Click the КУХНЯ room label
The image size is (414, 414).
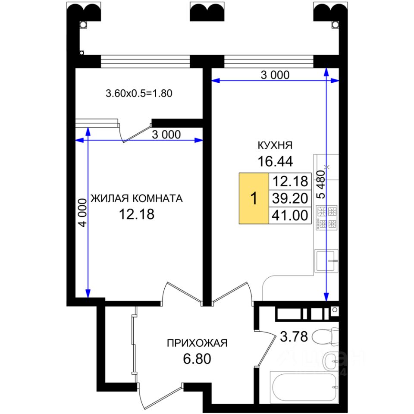[275, 145]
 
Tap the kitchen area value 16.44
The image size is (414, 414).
[275, 161]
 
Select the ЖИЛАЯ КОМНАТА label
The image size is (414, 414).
[137, 198]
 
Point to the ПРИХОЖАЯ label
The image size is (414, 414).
[197, 343]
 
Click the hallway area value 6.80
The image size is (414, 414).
[197, 359]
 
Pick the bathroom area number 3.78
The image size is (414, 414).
[294, 337]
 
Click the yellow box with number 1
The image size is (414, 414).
[254, 198]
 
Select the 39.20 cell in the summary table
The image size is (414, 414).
[290, 198]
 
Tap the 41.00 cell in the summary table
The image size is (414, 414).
[290, 216]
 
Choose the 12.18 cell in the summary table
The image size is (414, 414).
[290, 182]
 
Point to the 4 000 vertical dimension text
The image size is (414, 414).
[83, 213]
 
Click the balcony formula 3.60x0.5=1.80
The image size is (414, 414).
[139, 93]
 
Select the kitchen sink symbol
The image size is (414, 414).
[326, 260]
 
